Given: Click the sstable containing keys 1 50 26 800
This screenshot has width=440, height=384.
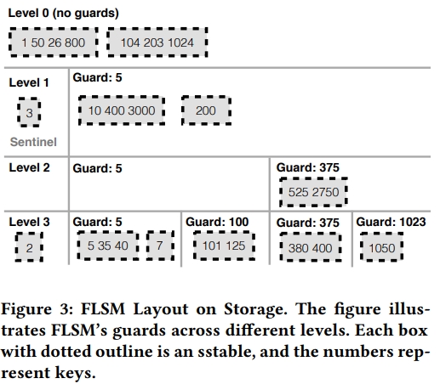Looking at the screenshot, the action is coord(54,42).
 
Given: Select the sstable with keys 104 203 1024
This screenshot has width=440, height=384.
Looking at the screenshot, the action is coord(157,42).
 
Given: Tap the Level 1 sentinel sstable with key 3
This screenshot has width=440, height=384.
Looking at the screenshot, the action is coord(29,112).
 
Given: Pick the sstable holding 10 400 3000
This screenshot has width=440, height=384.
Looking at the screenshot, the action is coord(122,110).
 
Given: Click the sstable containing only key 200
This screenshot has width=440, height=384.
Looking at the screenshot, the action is coord(206,110).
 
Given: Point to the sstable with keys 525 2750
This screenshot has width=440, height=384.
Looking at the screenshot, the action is coord(313,192).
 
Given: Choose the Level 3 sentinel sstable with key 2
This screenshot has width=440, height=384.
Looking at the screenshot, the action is coord(29,247).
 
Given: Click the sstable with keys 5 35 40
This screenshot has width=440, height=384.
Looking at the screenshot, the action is coord(108,246).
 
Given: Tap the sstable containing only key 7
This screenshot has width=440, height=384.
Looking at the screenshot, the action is coord(160,246).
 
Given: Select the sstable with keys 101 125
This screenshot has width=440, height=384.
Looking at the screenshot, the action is coord(224,246).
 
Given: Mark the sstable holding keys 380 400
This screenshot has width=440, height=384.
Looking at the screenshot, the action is coord(311,247).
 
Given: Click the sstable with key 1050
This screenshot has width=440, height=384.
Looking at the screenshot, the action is coord(381,247).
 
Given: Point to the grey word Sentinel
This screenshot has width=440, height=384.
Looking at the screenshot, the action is coord(33,142).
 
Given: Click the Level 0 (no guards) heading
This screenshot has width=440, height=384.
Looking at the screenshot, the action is coord(64,13).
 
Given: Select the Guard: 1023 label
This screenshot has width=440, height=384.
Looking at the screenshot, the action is coord(391,222).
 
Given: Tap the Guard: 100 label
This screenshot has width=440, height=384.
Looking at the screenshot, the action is coord(217,222).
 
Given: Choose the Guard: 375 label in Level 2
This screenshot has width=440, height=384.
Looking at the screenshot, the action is coord(308,167).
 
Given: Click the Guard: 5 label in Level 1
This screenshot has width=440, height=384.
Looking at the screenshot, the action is coord(97,77).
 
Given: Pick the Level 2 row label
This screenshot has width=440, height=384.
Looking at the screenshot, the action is coord(29,167).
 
